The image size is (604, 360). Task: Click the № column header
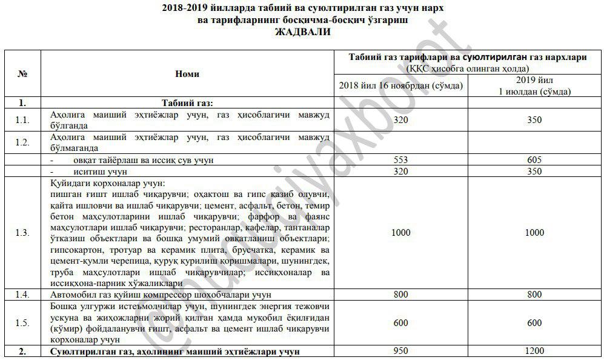(x=22, y=73)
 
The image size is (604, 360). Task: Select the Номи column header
(x=187, y=74)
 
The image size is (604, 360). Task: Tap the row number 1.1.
(x=22, y=120)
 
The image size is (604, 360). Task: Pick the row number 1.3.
(x=22, y=233)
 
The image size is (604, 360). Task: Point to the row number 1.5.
(x=22, y=323)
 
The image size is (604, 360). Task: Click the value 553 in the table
(x=401, y=160)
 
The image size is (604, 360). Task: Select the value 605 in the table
(x=534, y=160)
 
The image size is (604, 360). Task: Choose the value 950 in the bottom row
(x=401, y=351)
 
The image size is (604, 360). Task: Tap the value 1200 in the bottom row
(x=534, y=351)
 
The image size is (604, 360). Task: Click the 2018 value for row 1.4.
(x=401, y=295)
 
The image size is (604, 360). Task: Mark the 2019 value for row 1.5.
(x=534, y=323)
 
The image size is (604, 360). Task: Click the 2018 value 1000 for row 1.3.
(x=401, y=233)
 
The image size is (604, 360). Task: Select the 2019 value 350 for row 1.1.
(x=534, y=120)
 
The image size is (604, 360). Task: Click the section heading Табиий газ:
(x=187, y=102)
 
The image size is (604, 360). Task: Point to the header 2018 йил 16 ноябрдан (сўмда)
(x=401, y=86)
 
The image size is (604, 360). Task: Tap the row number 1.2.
(x=22, y=142)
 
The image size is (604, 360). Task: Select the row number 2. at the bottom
(x=22, y=351)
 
